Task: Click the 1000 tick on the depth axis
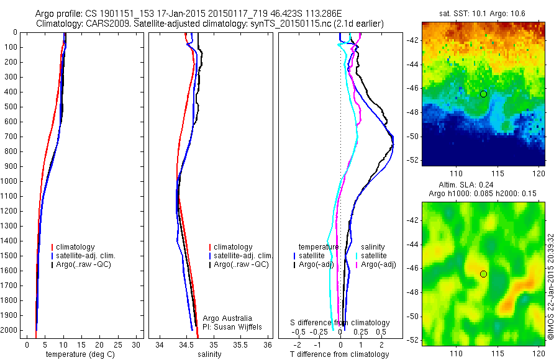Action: (12, 181)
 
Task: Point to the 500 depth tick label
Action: (12, 107)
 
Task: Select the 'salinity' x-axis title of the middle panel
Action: (209, 354)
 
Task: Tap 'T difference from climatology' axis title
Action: (340, 354)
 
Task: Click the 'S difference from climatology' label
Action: (340, 323)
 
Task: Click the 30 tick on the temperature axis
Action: (136, 344)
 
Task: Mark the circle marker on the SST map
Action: (483, 94)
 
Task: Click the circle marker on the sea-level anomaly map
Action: (483, 274)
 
